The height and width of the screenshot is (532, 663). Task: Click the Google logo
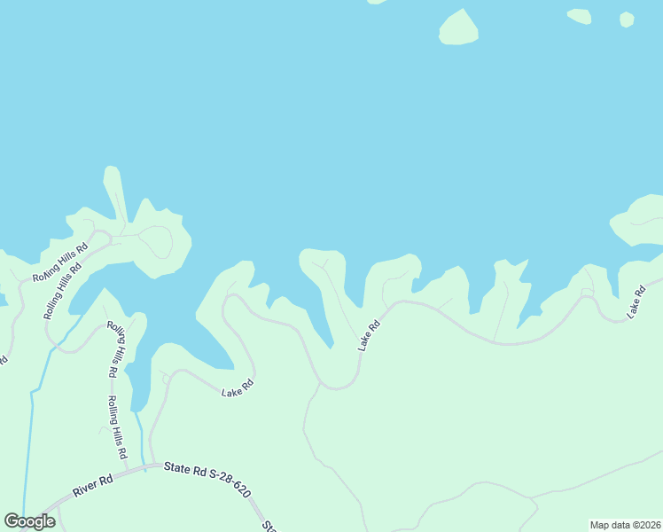29,521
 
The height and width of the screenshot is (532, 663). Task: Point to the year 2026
648,525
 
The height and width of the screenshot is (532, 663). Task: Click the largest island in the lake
458,27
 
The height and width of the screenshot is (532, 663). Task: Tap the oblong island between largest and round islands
579,15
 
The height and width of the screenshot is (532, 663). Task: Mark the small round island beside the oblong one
627,20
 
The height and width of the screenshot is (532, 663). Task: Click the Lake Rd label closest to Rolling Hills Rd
238,387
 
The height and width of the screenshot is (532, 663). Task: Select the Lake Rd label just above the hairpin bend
370,335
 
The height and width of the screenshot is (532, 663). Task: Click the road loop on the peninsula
157,241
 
